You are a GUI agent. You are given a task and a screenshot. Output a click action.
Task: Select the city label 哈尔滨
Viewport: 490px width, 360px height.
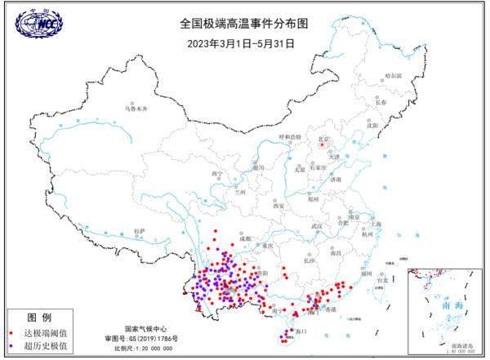(394, 76)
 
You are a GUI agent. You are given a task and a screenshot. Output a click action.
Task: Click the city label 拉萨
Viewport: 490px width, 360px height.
(140, 231)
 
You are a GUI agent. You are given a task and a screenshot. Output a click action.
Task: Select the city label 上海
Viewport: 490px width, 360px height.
(377, 223)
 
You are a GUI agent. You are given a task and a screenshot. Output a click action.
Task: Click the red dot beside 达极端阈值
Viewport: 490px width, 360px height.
(11, 333)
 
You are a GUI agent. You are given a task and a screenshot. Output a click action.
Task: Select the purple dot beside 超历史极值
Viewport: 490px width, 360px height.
(11, 347)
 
